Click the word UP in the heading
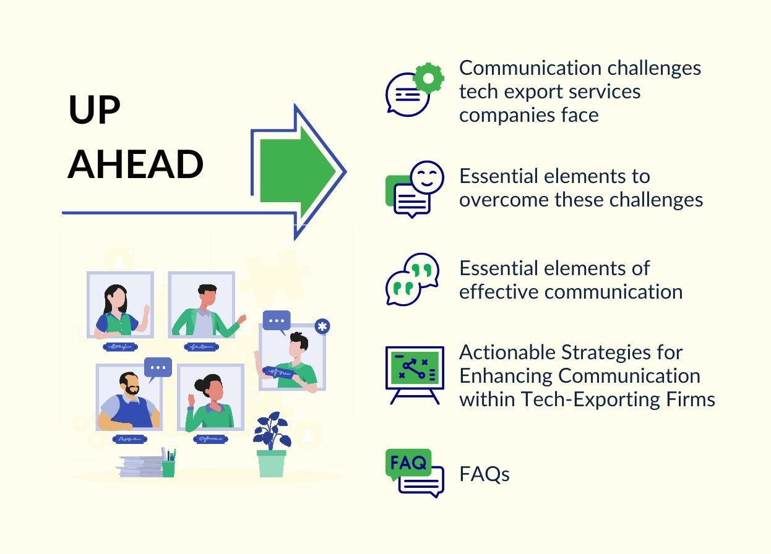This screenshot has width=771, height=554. [94, 110]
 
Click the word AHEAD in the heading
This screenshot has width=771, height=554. [136, 164]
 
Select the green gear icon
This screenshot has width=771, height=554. [428, 78]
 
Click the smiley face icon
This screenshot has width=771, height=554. [427, 177]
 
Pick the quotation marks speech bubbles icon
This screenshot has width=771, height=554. [412, 279]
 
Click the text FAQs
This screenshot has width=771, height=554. [484, 474]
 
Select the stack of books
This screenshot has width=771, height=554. [140, 467]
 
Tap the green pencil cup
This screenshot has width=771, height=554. [168, 467]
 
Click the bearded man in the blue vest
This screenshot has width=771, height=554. [129, 401]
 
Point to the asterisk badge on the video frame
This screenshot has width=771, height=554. [322, 326]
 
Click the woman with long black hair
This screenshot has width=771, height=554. [117, 309]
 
